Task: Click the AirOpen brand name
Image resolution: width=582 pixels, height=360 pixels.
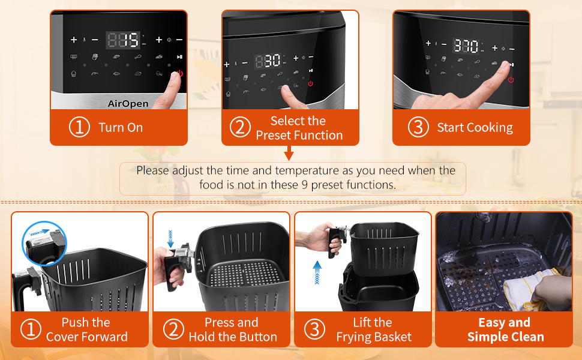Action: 128,104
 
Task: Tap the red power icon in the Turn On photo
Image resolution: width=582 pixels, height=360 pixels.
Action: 180,73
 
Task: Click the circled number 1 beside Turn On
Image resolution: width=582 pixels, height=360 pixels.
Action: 79,127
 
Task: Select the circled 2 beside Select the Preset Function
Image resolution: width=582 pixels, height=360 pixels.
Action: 240,127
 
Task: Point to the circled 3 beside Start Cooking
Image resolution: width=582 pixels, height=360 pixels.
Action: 418,127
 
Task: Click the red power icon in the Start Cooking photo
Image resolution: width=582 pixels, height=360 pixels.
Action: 511,79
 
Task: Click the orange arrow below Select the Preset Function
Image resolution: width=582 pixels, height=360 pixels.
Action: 289,153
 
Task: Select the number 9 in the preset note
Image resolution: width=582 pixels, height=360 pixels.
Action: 304,184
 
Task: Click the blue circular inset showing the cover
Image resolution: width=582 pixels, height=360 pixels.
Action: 44,244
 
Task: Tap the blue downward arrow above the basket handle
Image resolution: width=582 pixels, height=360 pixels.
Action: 170,238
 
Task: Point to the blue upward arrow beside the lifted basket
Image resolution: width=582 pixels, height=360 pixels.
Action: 317,272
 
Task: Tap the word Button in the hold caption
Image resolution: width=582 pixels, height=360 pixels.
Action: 258,337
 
